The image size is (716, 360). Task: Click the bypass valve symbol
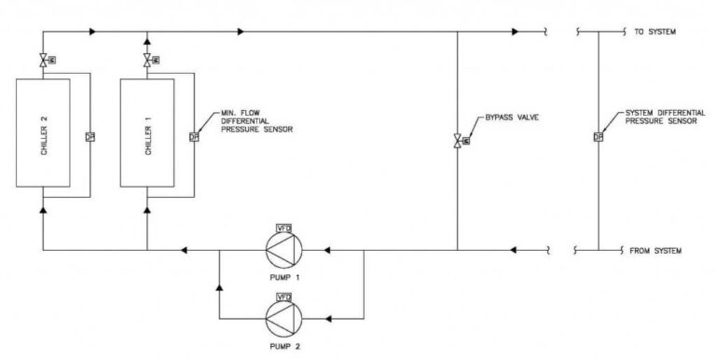[457, 140]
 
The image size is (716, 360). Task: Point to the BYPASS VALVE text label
[513, 118]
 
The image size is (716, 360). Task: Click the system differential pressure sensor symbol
[597, 139]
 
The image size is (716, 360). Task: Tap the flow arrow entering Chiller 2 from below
[43, 210]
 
